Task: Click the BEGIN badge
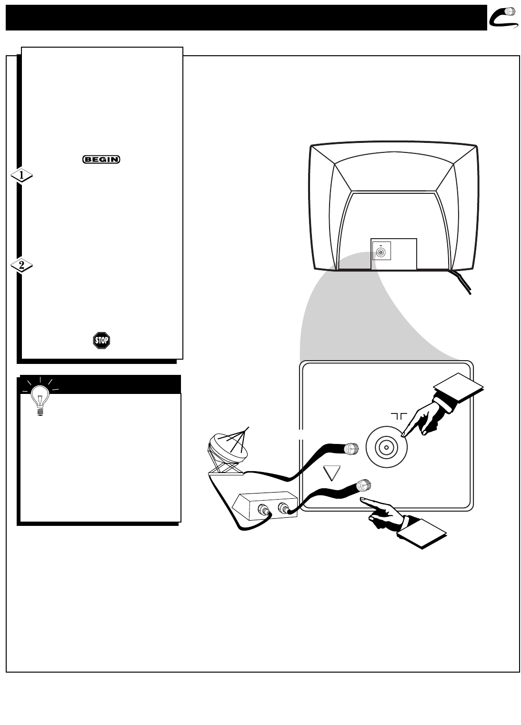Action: click(x=101, y=160)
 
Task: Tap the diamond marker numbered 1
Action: click(x=21, y=176)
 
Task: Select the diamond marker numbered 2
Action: click(x=21, y=266)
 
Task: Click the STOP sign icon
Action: click(x=101, y=341)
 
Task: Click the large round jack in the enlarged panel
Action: click(x=386, y=447)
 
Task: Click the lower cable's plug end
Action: click(x=364, y=485)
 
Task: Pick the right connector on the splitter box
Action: click(x=284, y=509)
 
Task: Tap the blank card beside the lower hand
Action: click(x=421, y=534)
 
